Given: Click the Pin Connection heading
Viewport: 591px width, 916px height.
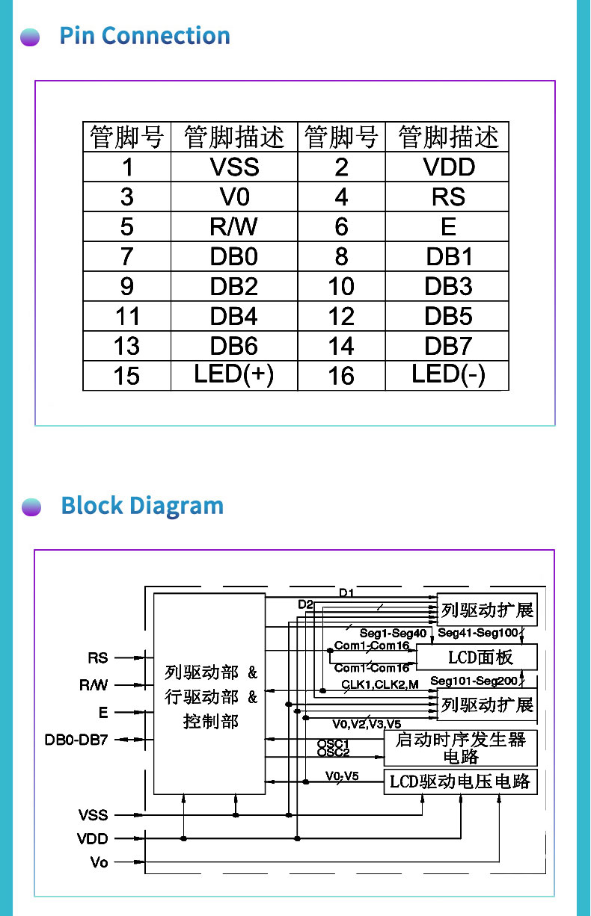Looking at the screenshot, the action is [144, 36].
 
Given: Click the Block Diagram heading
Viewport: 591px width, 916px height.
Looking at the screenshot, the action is [142, 506].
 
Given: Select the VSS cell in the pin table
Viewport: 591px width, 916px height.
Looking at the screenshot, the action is [234, 167].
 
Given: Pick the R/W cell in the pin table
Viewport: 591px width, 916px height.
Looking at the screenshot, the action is [234, 226].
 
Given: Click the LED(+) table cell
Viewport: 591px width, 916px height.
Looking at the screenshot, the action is [234, 375].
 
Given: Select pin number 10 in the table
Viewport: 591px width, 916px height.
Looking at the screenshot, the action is [342, 286].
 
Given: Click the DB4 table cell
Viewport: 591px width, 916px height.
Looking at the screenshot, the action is [234, 316].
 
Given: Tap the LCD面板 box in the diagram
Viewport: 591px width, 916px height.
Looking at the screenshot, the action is [477, 657].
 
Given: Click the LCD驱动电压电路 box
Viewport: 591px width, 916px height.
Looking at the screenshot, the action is [460, 782].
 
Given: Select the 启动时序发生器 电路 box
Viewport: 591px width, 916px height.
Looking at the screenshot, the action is [460, 748].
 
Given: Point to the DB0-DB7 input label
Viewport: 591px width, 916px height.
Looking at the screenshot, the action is [76, 740].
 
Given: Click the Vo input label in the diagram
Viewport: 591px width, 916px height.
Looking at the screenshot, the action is [99, 862].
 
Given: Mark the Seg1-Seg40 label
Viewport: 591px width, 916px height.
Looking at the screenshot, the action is [394, 633].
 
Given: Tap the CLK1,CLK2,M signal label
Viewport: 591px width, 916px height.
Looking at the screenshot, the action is [380, 684].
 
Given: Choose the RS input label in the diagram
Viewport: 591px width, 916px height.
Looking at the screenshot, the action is [98, 657].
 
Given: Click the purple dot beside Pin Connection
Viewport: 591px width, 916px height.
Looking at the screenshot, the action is [30, 37].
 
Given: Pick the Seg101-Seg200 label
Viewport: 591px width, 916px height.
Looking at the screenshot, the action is [474, 681].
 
